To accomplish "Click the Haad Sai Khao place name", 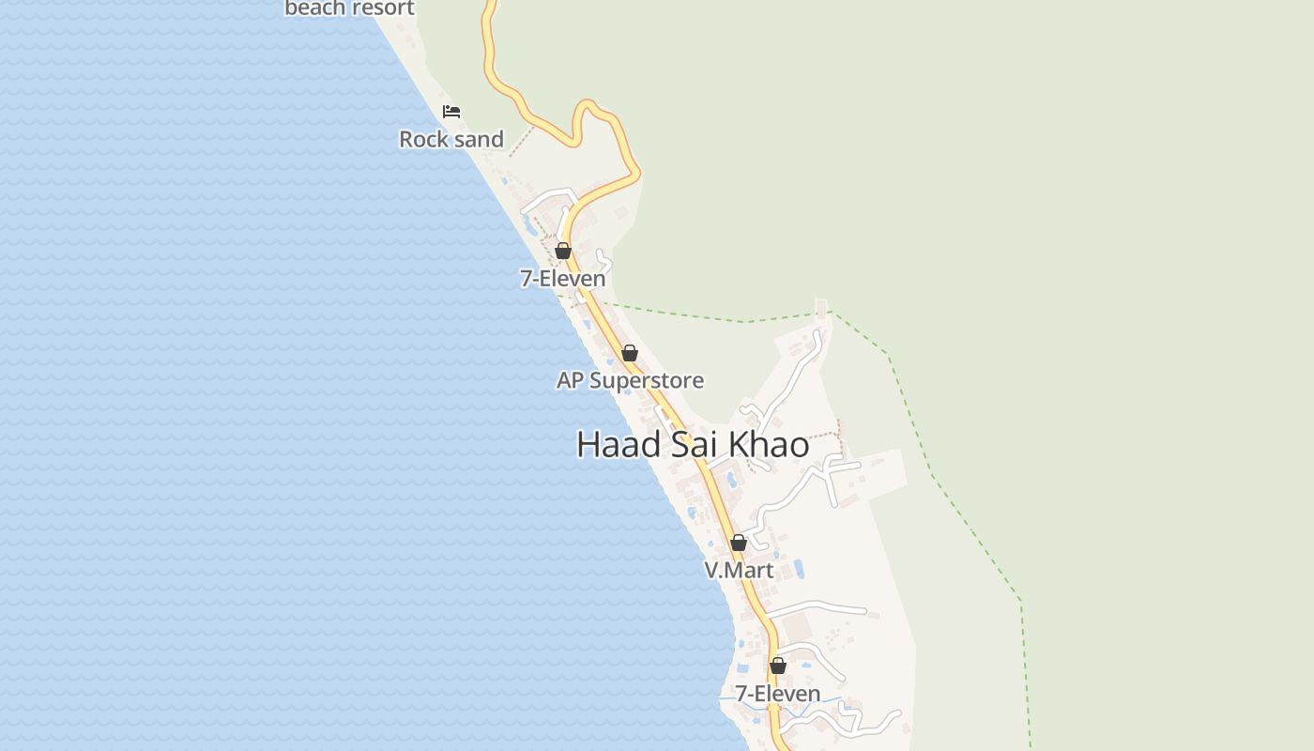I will pyautogui.click(x=693, y=445).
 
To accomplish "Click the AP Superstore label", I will pyautogui.click(x=630, y=380).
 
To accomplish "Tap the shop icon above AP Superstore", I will pyautogui.click(x=630, y=354).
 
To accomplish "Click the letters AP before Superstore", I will pyautogui.click(x=570, y=380).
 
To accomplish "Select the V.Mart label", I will pyautogui.click(x=739, y=570).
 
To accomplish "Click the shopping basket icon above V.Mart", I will pyautogui.click(x=739, y=543).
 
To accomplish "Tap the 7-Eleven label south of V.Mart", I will pyautogui.click(x=777, y=694).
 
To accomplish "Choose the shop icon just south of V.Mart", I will pyautogui.click(x=778, y=666).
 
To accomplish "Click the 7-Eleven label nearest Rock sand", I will pyautogui.click(x=562, y=278).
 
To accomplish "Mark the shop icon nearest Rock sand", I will pyautogui.click(x=563, y=251).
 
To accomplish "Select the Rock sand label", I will pyautogui.click(x=451, y=139).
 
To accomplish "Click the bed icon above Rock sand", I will pyautogui.click(x=451, y=112).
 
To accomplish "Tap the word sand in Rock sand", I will pyautogui.click(x=479, y=139).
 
